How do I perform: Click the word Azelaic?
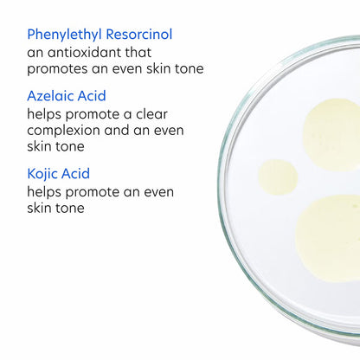[51, 96]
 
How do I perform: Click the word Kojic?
[45, 174]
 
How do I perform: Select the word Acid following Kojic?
[82, 174]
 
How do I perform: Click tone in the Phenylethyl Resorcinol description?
[186, 68]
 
